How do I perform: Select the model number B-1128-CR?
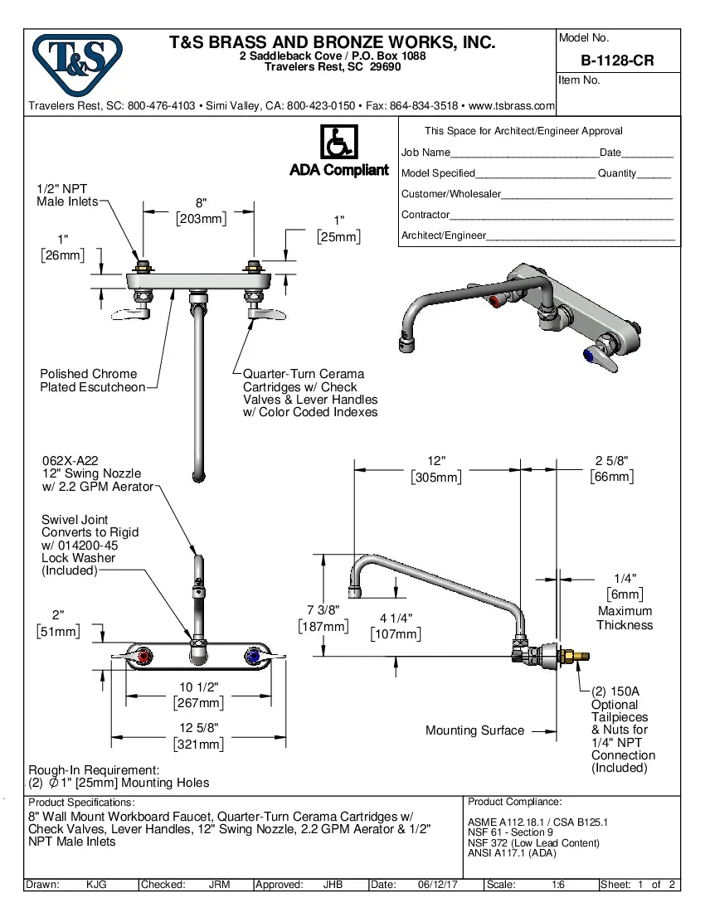tap(617, 61)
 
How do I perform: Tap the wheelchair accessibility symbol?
tap(338, 143)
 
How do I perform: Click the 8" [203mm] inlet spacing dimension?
tap(201, 211)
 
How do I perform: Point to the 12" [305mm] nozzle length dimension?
tap(436, 468)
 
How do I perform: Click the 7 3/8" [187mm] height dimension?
tap(323, 619)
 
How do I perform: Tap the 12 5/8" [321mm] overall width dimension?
tap(198, 736)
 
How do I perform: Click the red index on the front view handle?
tap(146, 658)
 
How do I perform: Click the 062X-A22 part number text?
tap(71, 461)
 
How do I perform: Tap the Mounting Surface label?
tap(474, 730)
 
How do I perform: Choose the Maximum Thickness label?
tap(625, 618)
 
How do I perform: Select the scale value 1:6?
tap(558, 885)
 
